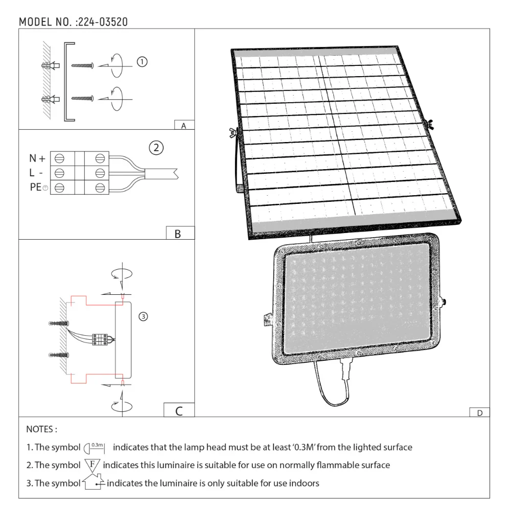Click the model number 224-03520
(x=102, y=22)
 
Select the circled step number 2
(x=156, y=148)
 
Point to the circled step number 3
(x=144, y=317)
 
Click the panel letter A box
(x=184, y=125)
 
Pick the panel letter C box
(x=179, y=410)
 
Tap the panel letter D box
(x=479, y=412)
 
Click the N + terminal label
(x=37, y=158)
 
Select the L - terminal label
(x=36, y=173)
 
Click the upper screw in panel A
(x=82, y=65)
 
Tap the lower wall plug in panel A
(x=50, y=98)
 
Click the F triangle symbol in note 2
(x=91, y=465)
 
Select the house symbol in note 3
(x=93, y=482)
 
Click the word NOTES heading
(x=42, y=429)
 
